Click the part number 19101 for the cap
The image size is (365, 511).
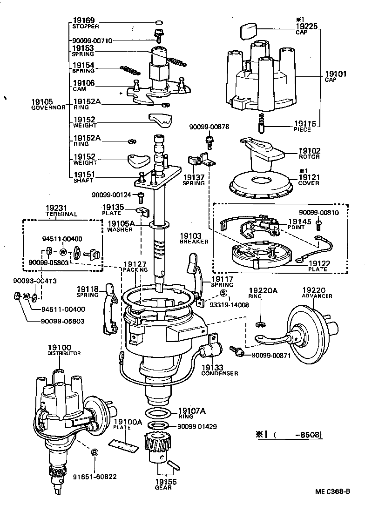334,74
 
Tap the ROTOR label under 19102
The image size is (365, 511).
309,157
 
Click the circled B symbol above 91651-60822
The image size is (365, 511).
94,452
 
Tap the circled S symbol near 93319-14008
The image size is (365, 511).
223,293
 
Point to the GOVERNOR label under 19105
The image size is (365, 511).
48,108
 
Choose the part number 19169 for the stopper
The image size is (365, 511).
84,20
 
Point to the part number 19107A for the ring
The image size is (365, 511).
191,411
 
